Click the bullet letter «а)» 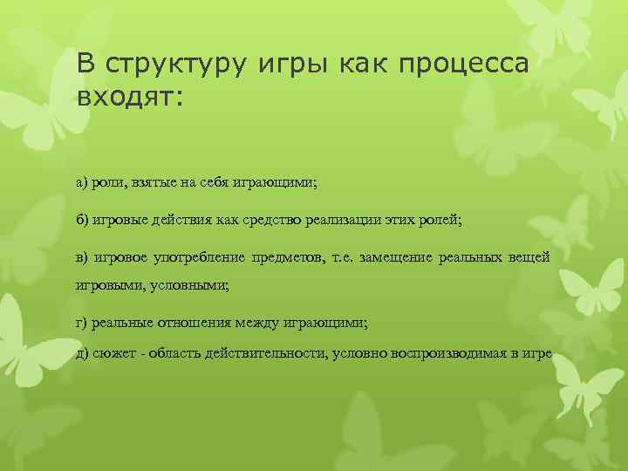[x=82, y=182]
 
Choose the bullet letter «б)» [x=82, y=221]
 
